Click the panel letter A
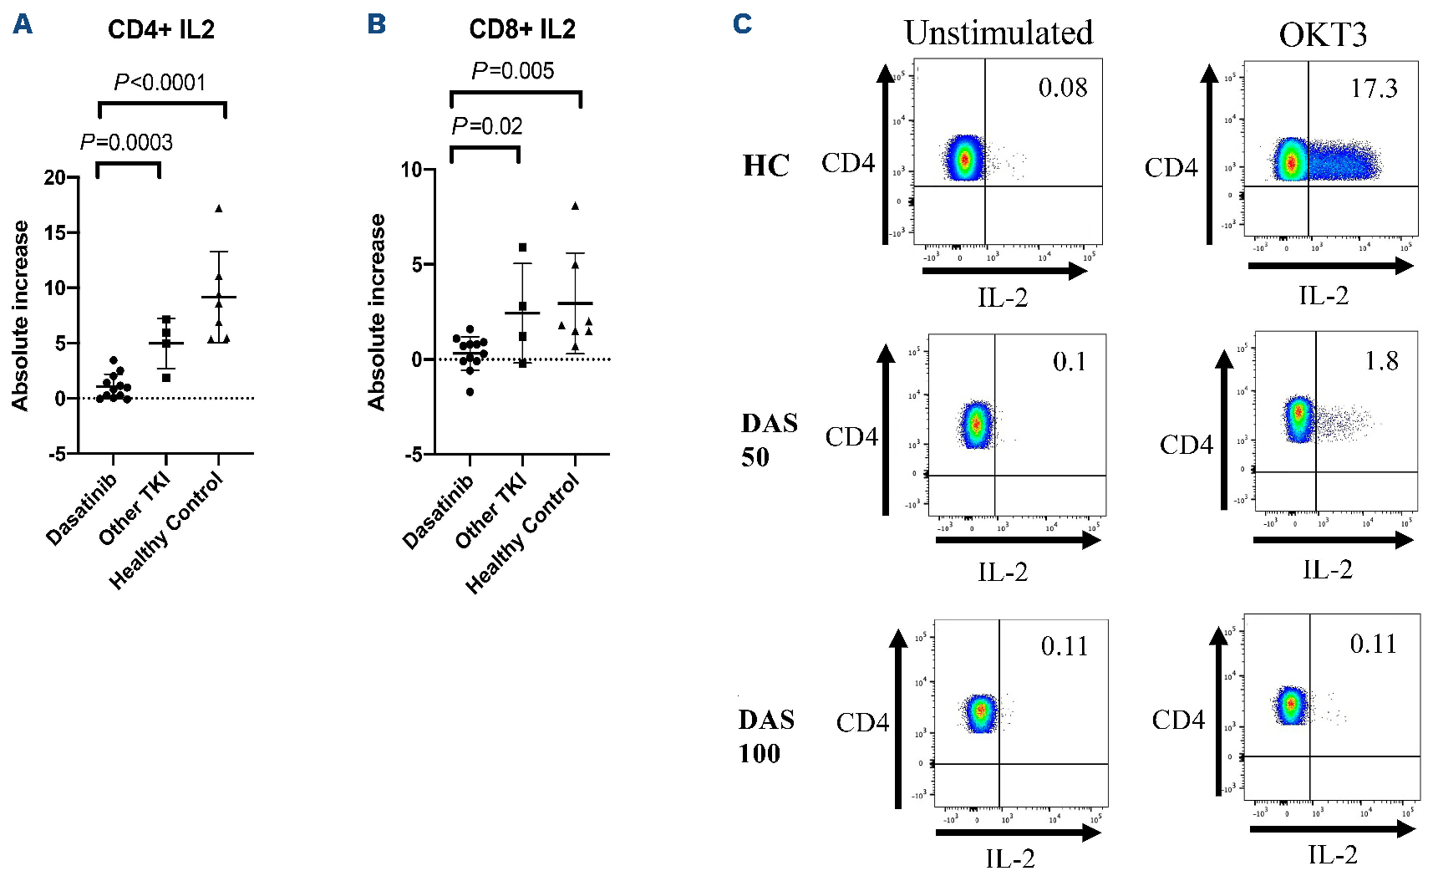pos(23,25)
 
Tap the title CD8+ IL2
pos(522,29)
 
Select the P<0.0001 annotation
pos(160,83)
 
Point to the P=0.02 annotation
pos(487,126)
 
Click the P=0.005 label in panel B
pos(512,71)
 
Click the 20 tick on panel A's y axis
pos(54,177)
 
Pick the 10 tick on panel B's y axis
pos(412,170)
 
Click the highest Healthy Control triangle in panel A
pos(219,209)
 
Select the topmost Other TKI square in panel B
pos(523,247)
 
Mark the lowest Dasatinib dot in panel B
pos(470,391)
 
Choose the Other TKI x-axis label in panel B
pos(490,510)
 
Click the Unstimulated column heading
pos(999,33)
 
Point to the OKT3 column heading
pos(1323,35)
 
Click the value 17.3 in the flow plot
pos(1374,89)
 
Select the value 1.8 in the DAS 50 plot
pos(1381,361)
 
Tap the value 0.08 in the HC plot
pos(1063,88)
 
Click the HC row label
pos(766,166)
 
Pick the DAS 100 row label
pos(765,736)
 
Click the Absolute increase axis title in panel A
pos(20,315)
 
